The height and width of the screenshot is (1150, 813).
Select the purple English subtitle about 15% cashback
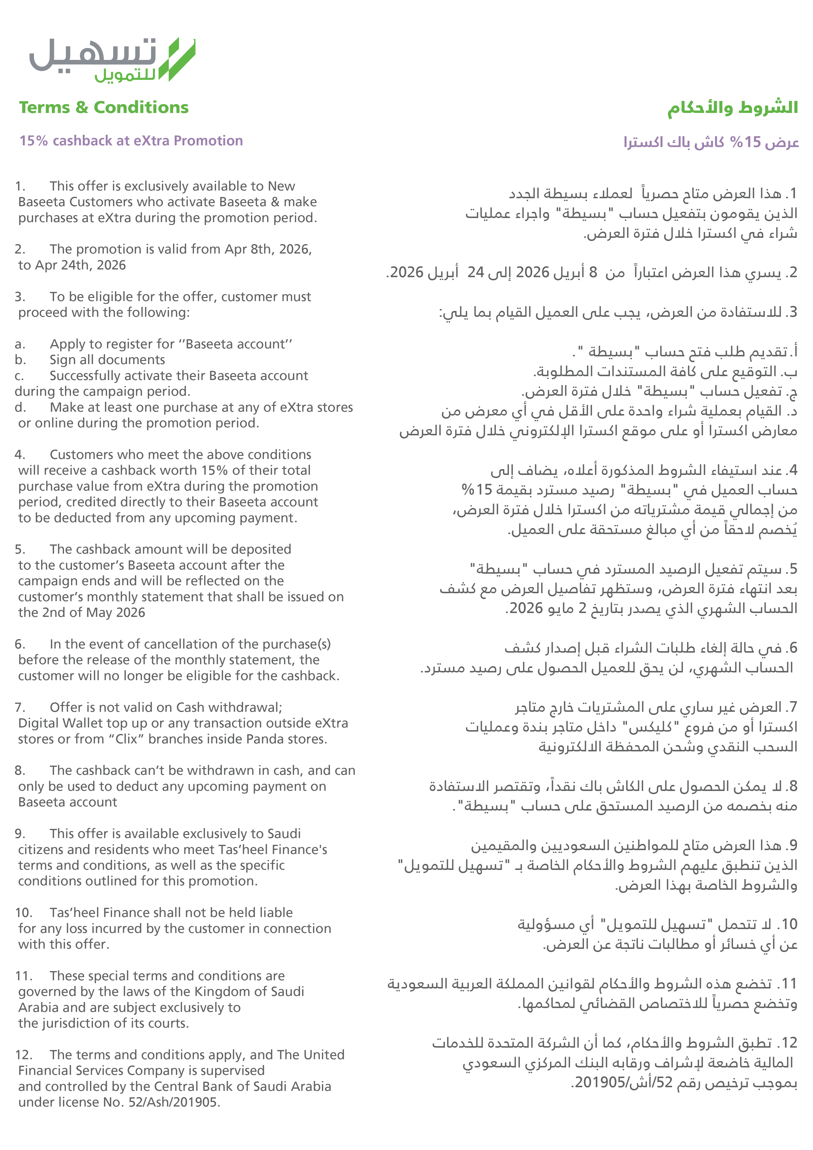131,141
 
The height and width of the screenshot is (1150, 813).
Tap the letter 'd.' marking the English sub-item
20,407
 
